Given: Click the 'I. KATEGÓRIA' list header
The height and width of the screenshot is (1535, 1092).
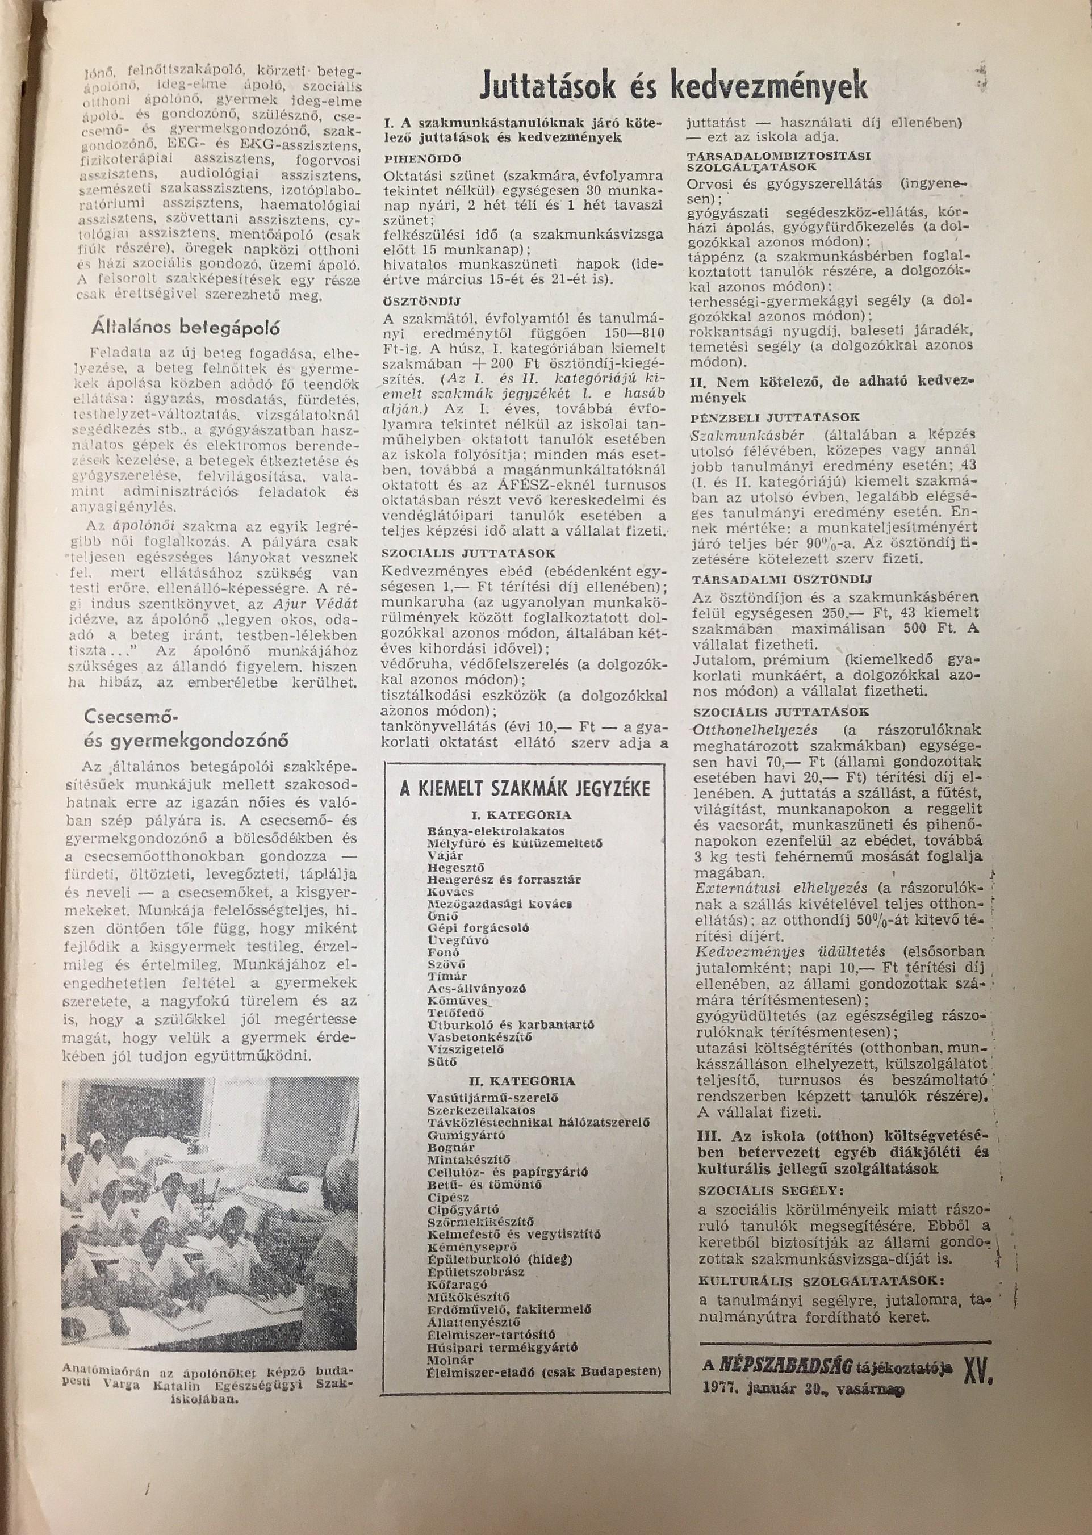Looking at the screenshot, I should [521, 815].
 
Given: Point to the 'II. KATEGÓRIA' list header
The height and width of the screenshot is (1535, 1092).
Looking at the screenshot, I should [522, 1082].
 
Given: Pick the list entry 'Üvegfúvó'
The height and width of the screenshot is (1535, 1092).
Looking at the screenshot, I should [458, 940].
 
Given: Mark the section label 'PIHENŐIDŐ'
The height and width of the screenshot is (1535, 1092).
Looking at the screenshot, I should [422, 160].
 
